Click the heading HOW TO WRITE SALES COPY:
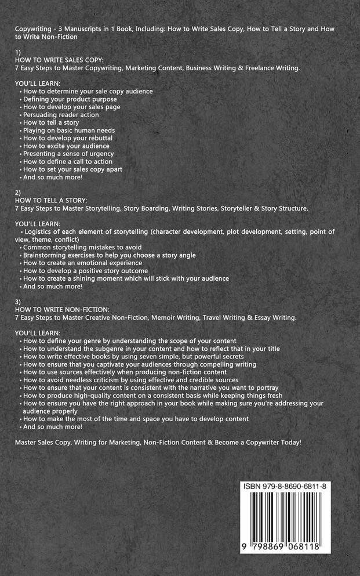59,60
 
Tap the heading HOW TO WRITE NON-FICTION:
62,309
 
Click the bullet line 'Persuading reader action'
61,115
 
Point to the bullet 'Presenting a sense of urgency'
68,154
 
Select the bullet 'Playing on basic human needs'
69,131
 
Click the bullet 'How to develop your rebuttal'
68,138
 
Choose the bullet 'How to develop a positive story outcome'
85,271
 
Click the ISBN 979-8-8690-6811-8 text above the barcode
285,486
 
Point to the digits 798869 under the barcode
268,546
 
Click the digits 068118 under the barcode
307,546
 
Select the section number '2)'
18,193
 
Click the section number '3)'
18,302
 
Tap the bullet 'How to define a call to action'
68,161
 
